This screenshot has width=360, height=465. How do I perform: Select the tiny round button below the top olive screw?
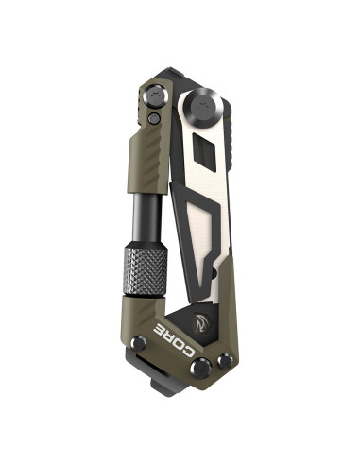[x=155, y=118]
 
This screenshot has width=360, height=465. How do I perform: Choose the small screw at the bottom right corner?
[x=225, y=360]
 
